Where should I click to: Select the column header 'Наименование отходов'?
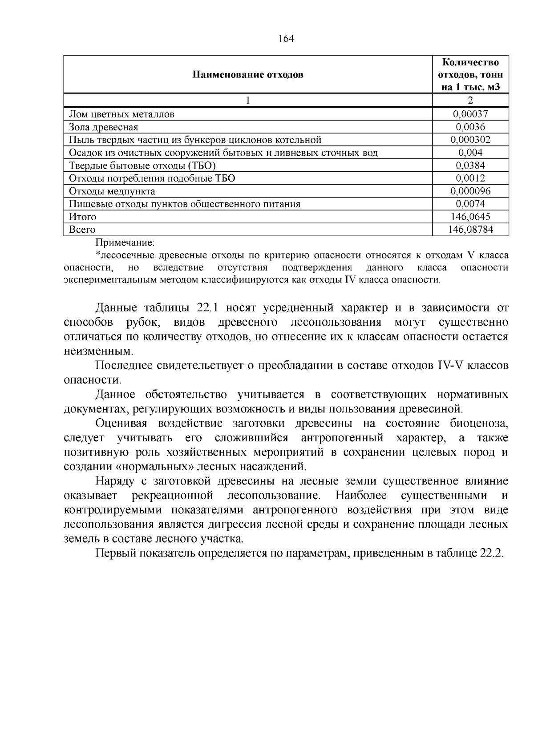(x=248, y=74)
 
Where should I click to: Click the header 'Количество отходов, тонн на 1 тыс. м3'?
(x=470, y=74)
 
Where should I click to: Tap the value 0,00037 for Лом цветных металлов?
(x=470, y=114)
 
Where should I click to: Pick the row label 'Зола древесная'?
(x=103, y=127)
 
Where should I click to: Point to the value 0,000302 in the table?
(x=470, y=140)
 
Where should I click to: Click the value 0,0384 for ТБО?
(x=470, y=166)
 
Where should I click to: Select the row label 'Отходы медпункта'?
(x=112, y=191)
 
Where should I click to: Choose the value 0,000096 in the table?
(x=470, y=191)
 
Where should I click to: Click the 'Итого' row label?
(x=82, y=217)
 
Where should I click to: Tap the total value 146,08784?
(x=470, y=230)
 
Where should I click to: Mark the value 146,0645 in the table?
(x=470, y=217)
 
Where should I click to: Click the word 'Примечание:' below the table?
(x=125, y=243)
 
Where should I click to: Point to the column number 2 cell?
(x=470, y=101)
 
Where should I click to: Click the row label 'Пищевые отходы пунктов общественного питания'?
(x=185, y=204)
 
